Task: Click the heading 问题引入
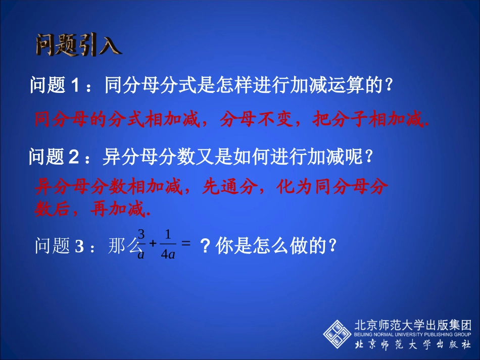[79, 45]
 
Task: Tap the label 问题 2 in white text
[54, 158]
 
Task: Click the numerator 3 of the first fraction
[141, 235]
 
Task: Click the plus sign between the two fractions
[153, 245]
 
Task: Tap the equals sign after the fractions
[185, 243]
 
